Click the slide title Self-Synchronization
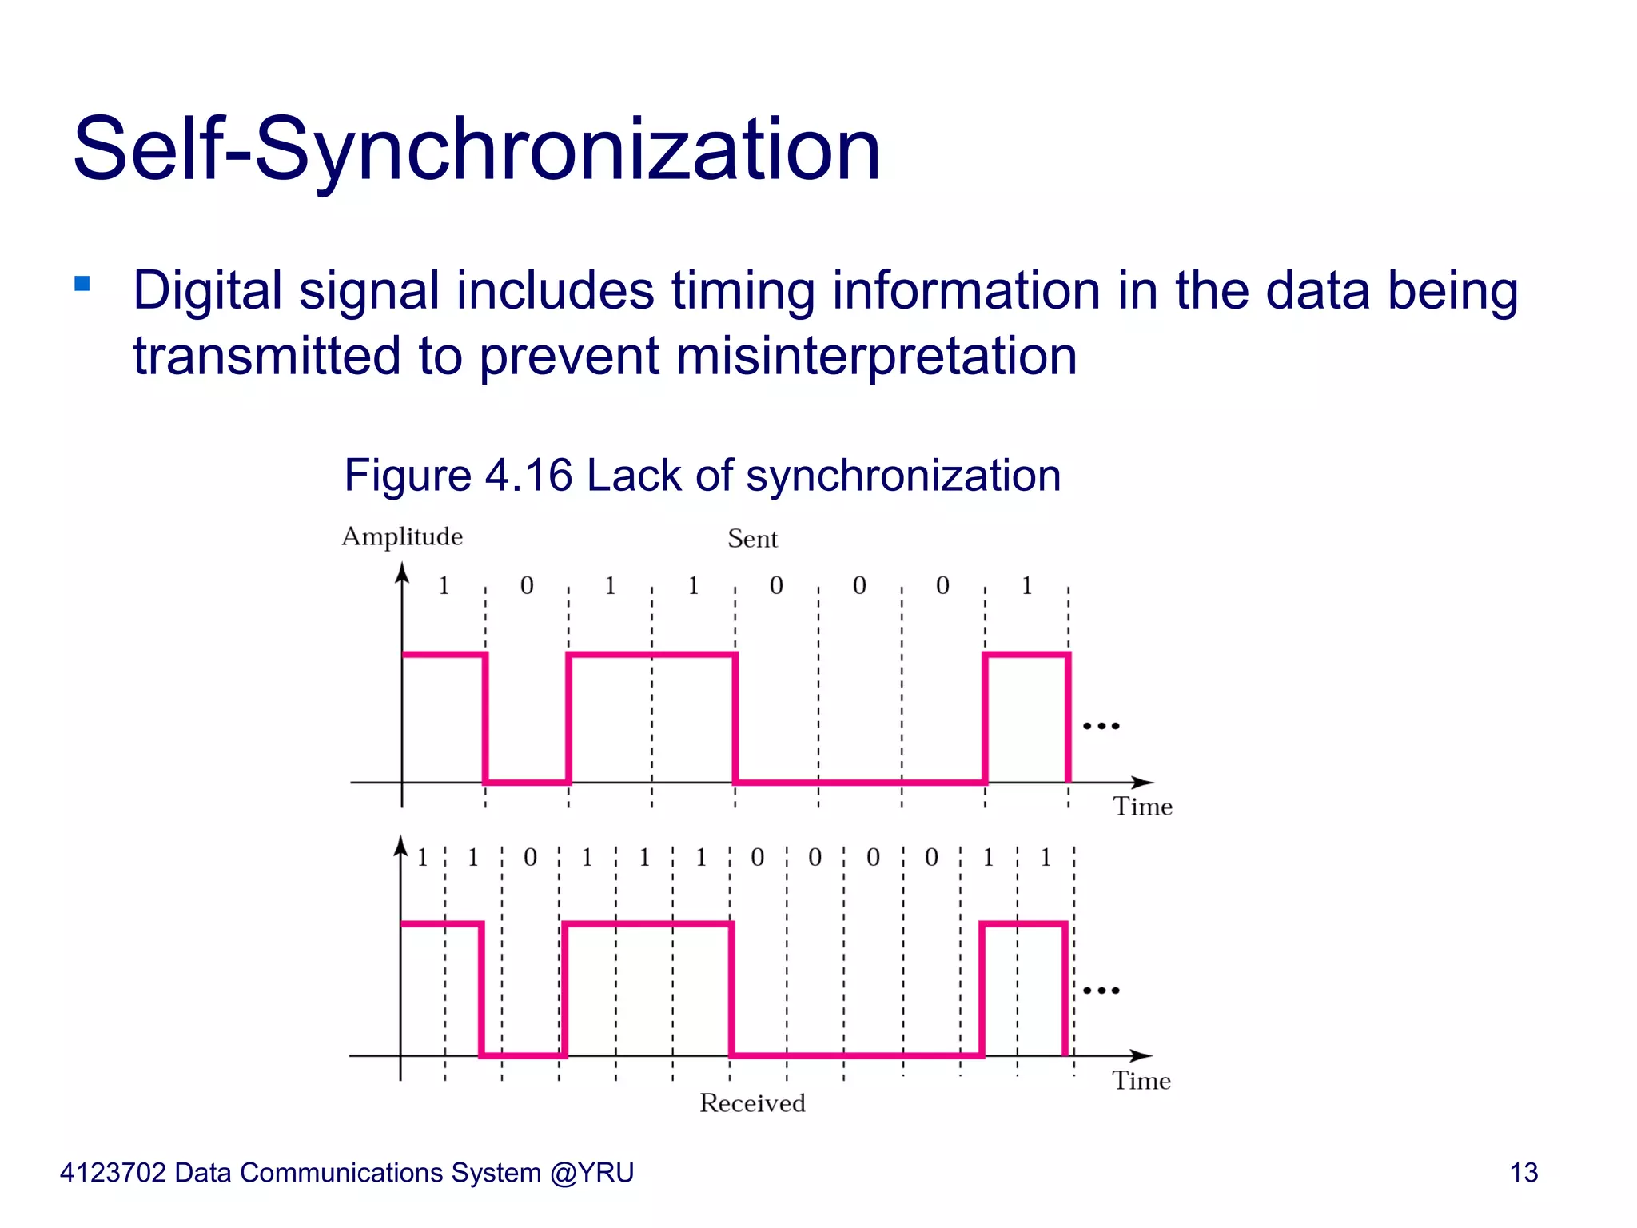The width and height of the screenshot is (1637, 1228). click(476, 150)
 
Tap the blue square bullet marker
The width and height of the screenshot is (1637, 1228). click(82, 284)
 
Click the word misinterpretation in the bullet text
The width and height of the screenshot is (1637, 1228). click(876, 356)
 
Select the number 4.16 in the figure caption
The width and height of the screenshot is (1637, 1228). click(528, 476)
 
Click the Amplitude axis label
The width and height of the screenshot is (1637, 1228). click(402, 536)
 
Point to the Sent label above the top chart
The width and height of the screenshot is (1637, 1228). click(752, 540)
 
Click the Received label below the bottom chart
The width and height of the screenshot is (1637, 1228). click(752, 1103)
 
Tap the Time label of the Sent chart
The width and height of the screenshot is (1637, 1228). click(1142, 807)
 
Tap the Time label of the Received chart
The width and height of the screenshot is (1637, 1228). click(1141, 1081)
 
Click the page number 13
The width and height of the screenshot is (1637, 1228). click(1523, 1173)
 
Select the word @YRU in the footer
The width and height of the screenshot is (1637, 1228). click(591, 1173)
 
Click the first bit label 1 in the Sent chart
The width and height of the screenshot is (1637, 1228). click(444, 586)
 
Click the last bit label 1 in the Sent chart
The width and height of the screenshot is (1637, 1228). click(1027, 586)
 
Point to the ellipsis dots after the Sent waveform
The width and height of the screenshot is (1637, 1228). click(1101, 726)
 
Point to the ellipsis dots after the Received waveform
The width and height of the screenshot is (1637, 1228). click(1101, 991)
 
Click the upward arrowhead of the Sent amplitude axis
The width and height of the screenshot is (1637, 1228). click(402, 572)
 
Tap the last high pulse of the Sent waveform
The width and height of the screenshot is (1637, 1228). click(1027, 655)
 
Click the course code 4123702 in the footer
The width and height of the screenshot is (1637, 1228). click(113, 1173)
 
